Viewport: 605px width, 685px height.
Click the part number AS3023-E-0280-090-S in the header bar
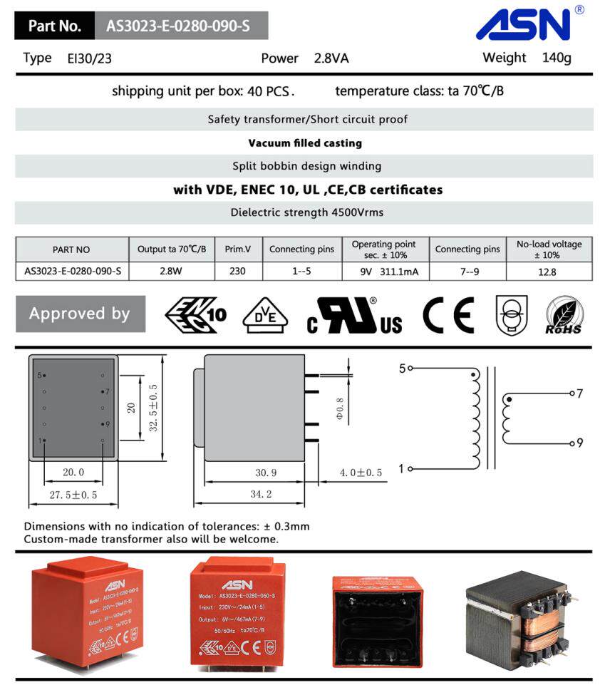point(178,26)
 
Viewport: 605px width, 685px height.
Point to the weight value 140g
point(557,58)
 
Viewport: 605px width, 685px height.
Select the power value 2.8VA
point(331,58)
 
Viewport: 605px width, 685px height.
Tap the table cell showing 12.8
point(548,272)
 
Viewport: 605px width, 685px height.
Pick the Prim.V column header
point(238,249)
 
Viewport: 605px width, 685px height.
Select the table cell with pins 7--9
point(467,272)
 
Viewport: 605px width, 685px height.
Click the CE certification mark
point(448,315)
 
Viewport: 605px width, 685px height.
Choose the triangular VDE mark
point(265,315)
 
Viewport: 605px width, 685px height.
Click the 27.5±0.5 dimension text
point(73,495)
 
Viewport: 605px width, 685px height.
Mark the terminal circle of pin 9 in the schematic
point(572,443)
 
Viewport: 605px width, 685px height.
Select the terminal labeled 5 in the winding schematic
point(410,369)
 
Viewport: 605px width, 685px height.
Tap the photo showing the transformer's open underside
point(378,618)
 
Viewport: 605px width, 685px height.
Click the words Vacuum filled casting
point(304,143)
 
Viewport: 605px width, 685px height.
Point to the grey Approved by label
point(80,314)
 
